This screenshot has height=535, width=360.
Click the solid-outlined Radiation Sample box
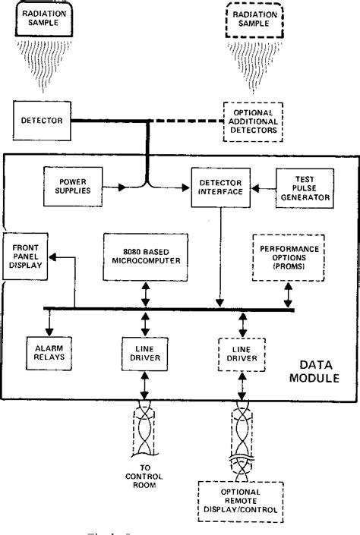pos(46,21)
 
